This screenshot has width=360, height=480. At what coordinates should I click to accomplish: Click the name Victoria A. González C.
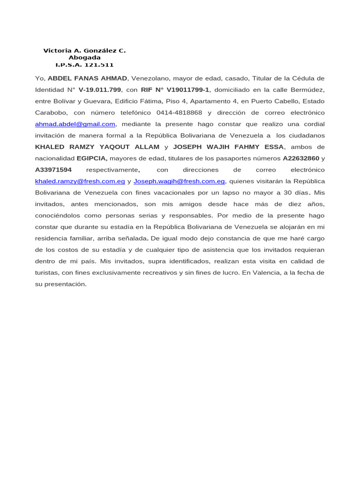coord(84,51)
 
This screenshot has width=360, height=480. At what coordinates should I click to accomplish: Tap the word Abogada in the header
coord(84,58)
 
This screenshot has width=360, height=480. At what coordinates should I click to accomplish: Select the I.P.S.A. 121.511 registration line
coord(84,65)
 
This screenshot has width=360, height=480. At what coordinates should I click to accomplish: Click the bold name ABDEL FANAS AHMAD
coord(87,78)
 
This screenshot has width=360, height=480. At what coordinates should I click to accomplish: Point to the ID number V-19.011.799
coord(100,90)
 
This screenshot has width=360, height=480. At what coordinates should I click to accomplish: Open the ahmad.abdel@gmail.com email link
coord(75,124)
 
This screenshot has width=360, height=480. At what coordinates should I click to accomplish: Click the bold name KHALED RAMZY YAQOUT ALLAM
coord(97,147)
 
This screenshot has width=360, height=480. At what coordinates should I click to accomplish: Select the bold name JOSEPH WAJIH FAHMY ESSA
coord(228,147)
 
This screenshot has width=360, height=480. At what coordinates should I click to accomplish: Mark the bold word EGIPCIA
coord(92,158)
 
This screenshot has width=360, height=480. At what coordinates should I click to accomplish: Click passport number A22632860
coord(301,158)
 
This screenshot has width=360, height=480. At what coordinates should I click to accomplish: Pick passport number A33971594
coord(53,170)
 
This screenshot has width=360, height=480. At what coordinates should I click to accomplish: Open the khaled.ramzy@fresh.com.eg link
coord(80,181)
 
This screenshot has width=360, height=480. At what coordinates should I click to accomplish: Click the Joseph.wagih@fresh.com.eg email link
coord(179,181)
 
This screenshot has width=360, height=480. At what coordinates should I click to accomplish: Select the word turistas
coord(46,273)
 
